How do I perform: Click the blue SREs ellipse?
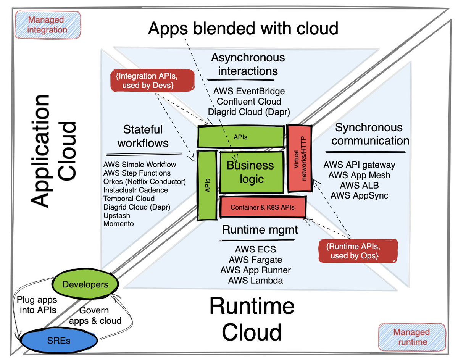(x=58, y=340)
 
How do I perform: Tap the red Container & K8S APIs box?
(x=263, y=207)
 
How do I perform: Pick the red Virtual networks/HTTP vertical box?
(x=299, y=158)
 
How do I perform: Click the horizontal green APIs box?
(x=240, y=136)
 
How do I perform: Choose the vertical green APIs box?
(x=207, y=185)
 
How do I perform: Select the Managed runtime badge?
(x=411, y=337)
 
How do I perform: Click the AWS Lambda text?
(x=255, y=281)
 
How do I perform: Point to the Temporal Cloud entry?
(x=129, y=199)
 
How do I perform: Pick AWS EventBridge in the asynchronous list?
(x=249, y=92)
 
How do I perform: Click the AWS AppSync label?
(x=359, y=195)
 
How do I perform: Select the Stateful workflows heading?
(x=143, y=136)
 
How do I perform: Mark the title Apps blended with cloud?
(x=243, y=28)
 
